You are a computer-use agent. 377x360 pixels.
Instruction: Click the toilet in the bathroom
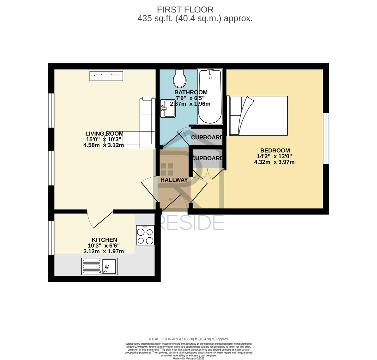pyautogui.click(x=180, y=79)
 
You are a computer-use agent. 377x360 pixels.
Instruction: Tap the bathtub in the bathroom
pyautogui.click(x=210, y=96)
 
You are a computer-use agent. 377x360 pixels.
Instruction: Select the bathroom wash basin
pyautogui.click(x=168, y=108)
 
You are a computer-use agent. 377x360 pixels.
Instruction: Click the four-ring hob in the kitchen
pyautogui.click(x=145, y=235)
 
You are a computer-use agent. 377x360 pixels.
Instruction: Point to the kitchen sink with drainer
pyautogui.click(x=99, y=266)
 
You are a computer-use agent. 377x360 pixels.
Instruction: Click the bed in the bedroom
pyautogui.click(x=257, y=116)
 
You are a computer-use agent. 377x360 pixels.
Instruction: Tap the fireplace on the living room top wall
pyautogui.click(x=106, y=76)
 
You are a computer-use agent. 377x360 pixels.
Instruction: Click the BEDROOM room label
pyautogui.click(x=275, y=151)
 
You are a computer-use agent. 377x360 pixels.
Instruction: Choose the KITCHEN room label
pyautogui.click(x=104, y=240)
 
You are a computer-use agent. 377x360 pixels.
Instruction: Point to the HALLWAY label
pyautogui.click(x=174, y=180)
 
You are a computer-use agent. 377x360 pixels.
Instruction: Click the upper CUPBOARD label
pyautogui.click(x=207, y=137)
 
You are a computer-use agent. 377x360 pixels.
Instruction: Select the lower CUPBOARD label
pyautogui.click(x=207, y=158)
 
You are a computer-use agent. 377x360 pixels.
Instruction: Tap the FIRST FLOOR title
pyautogui.click(x=185, y=10)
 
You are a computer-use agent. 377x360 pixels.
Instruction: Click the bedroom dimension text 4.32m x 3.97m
pyautogui.click(x=274, y=162)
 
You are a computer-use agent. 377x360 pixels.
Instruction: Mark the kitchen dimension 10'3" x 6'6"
pyautogui.click(x=104, y=246)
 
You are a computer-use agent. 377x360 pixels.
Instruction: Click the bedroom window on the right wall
pyautogui.click(x=326, y=138)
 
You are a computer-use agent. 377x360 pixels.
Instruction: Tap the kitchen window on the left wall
pyautogui.click(x=51, y=238)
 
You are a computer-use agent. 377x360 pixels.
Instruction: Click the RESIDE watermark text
pyautogui.click(x=191, y=223)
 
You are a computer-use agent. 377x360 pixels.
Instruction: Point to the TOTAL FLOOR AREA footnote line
pyautogui.click(x=188, y=339)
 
